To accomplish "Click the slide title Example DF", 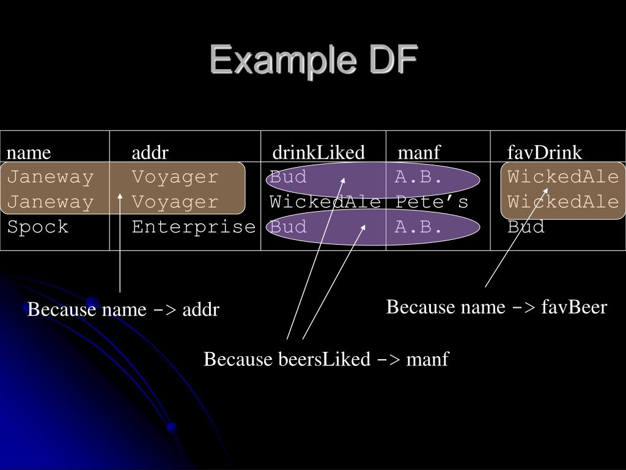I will pyautogui.click(x=314, y=61).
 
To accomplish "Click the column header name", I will pyautogui.click(x=29, y=152).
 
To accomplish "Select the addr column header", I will pyautogui.click(x=150, y=152).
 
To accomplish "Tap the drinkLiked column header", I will pyautogui.click(x=319, y=152).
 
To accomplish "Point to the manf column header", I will pyautogui.click(x=419, y=152).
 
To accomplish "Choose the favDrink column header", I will pyautogui.click(x=545, y=152).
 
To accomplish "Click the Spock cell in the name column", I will pyautogui.click(x=38, y=228).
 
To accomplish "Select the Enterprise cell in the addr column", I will pyautogui.click(x=194, y=228).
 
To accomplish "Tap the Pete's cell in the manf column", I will pyautogui.click(x=432, y=203).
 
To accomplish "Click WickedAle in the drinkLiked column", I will pyautogui.click(x=326, y=203).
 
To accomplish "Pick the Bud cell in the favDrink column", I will pyautogui.click(x=526, y=228).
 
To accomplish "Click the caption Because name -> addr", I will pyautogui.click(x=123, y=310).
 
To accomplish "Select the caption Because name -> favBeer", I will pyautogui.click(x=496, y=307).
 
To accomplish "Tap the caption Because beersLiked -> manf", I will pyautogui.click(x=326, y=359).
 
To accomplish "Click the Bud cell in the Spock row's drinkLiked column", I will pyautogui.click(x=289, y=228).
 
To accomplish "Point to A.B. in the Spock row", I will pyautogui.click(x=418, y=228).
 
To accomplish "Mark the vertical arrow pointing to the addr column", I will pyautogui.click(x=120, y=245).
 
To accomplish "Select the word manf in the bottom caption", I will pyautogui.click(x=427, y=359).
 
